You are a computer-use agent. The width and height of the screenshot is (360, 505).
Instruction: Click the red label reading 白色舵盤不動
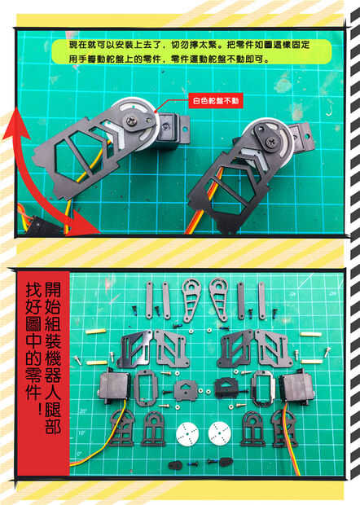(215, 101)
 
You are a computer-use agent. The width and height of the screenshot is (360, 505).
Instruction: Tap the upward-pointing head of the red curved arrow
(15, 125)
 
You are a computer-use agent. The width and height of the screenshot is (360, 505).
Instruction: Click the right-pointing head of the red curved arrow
(85, 223)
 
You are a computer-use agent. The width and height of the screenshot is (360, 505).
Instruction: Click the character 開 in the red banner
(52, 289)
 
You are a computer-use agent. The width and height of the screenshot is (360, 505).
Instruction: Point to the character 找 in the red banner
(34, 289)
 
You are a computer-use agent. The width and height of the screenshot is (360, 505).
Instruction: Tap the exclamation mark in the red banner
(39, 408)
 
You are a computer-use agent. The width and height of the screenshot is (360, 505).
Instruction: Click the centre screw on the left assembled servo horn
(132, 121)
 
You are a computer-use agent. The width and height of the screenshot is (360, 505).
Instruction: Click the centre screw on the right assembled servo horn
(270, 142)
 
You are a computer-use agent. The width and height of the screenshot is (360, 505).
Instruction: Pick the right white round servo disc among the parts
(219, 433)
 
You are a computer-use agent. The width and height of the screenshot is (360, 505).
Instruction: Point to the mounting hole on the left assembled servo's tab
(185, 130)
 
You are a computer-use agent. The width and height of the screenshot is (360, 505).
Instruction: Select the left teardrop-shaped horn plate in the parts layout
(191, 299)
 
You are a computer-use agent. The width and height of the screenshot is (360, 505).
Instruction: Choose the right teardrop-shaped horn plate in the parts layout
(219, 299)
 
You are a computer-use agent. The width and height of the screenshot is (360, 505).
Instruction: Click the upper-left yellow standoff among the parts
(95, 331)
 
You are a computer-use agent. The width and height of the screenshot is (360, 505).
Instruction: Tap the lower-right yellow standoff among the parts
(311, 362)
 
